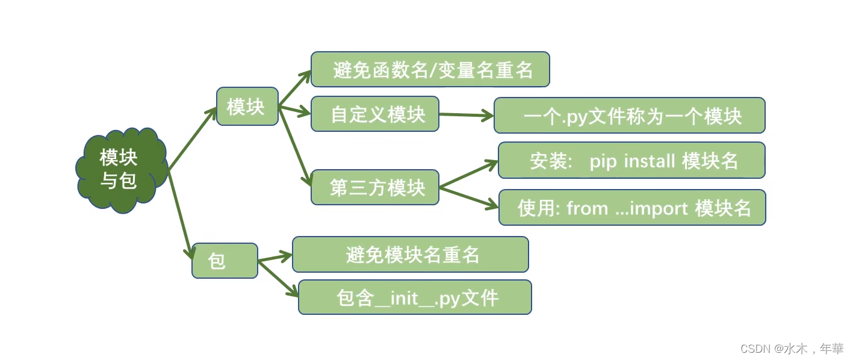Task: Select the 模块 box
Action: pyautogui.click(x=247, y=107)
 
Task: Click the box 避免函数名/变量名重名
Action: pyautogui.click(x=430, y=69)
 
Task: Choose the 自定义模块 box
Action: pyautogui.click(x=374, y=114)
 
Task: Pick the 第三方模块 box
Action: pyautogui.click(x=374, y=187)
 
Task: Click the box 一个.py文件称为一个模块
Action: pyautogui.click(x=629, y=116)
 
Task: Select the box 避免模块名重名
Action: pyautogui.click(x=410, y=254)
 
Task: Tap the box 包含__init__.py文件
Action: pyautogui.click(x=415, y=297)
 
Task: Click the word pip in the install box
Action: pyautogui.click(x=603, y=161)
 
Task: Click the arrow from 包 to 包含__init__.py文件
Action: pyautogui.click(x=279, y=278)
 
